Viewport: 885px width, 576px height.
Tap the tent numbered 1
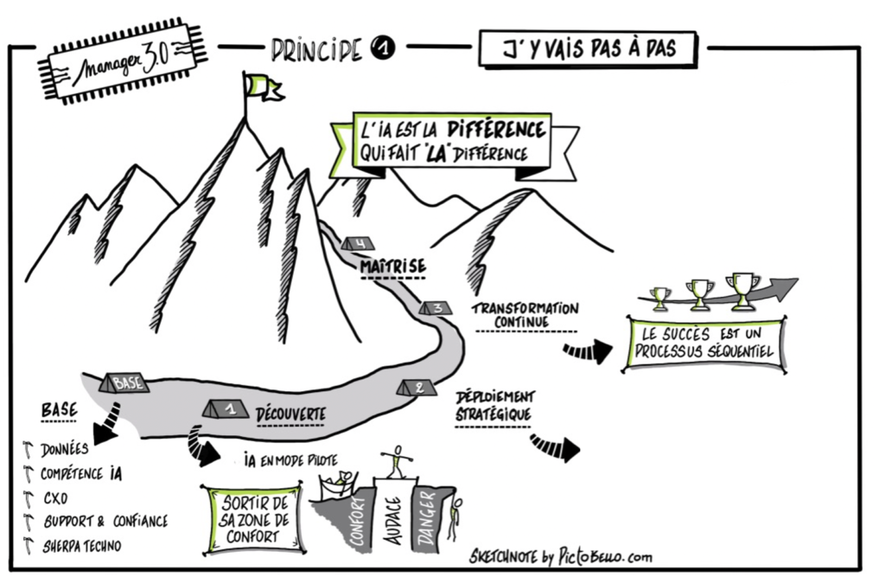tap(226, 406)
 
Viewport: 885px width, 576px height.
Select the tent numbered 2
tap(417, 387)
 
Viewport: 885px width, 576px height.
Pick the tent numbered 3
tap(435, 307)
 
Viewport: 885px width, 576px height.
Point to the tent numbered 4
tap(356, 244)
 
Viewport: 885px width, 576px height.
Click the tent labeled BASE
tap(124, 381)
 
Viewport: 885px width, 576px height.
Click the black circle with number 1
tap(383, 51)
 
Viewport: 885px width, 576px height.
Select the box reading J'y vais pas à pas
tap(588, 50)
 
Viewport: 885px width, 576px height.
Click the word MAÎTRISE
tap(392, 267)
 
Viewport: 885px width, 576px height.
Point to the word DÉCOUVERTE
tap(291, 415)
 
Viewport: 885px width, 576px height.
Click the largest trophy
tap(742, 288)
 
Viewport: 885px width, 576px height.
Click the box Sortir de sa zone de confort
tap(252, 518)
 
